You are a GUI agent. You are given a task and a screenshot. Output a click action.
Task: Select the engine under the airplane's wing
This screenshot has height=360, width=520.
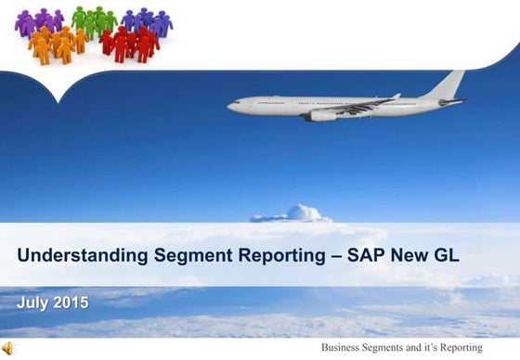pos(322,116)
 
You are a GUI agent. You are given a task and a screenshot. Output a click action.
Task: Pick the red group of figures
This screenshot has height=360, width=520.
pos(129,43)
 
